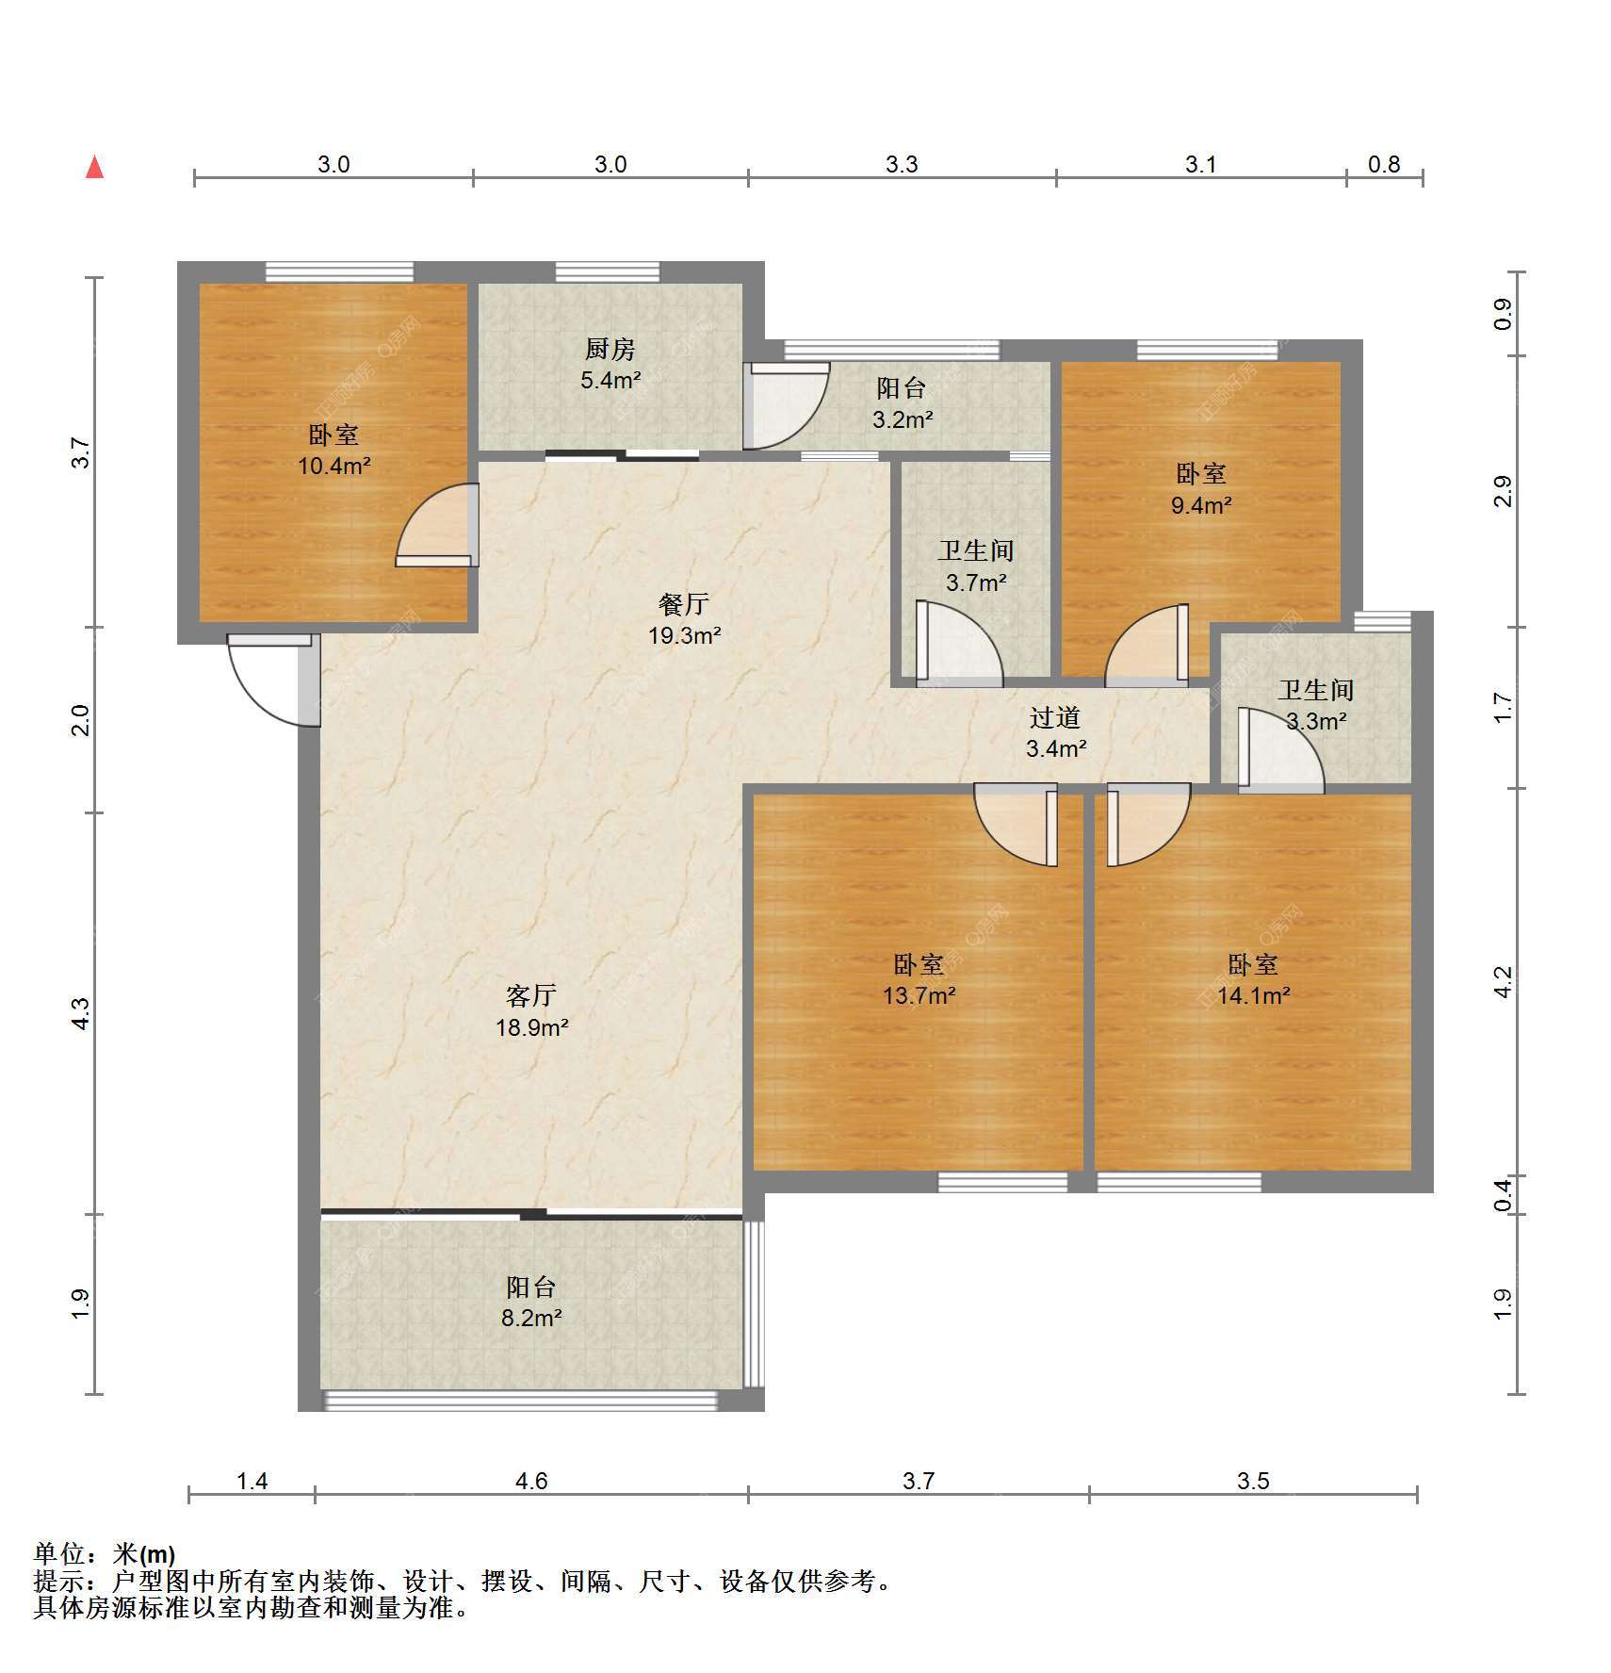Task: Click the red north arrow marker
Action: tap(94, 167)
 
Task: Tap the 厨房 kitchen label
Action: tap(610, 350)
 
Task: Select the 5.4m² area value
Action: tap(610, 381)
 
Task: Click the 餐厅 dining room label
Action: tap(683, 604)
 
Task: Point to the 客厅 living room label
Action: tap(531, 995)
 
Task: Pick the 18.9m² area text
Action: tap(532, 1027)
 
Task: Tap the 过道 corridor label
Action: tap(1054, 718)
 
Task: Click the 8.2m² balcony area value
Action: tap(531, 1319)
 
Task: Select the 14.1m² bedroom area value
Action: tap(1253, 995)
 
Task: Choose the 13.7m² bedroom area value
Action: tap(919, 995)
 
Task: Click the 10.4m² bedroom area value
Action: tap(334, 466)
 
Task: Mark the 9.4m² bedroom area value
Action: tap(1201, 505)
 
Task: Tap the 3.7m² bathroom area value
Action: tap(976, 582)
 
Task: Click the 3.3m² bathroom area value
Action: tap(1316, 722)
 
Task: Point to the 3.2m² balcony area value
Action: tap(903, 419)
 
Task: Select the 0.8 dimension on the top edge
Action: tap(1384, 165)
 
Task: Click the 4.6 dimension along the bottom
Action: tap(531, 1482)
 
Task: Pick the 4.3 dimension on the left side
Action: tap(81, 1013)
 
